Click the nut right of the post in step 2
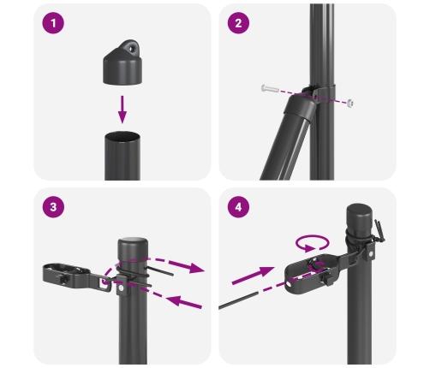pyautogui.click(x=350, y=104)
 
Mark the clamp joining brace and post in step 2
pyautogui.click(x=306, y=107)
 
